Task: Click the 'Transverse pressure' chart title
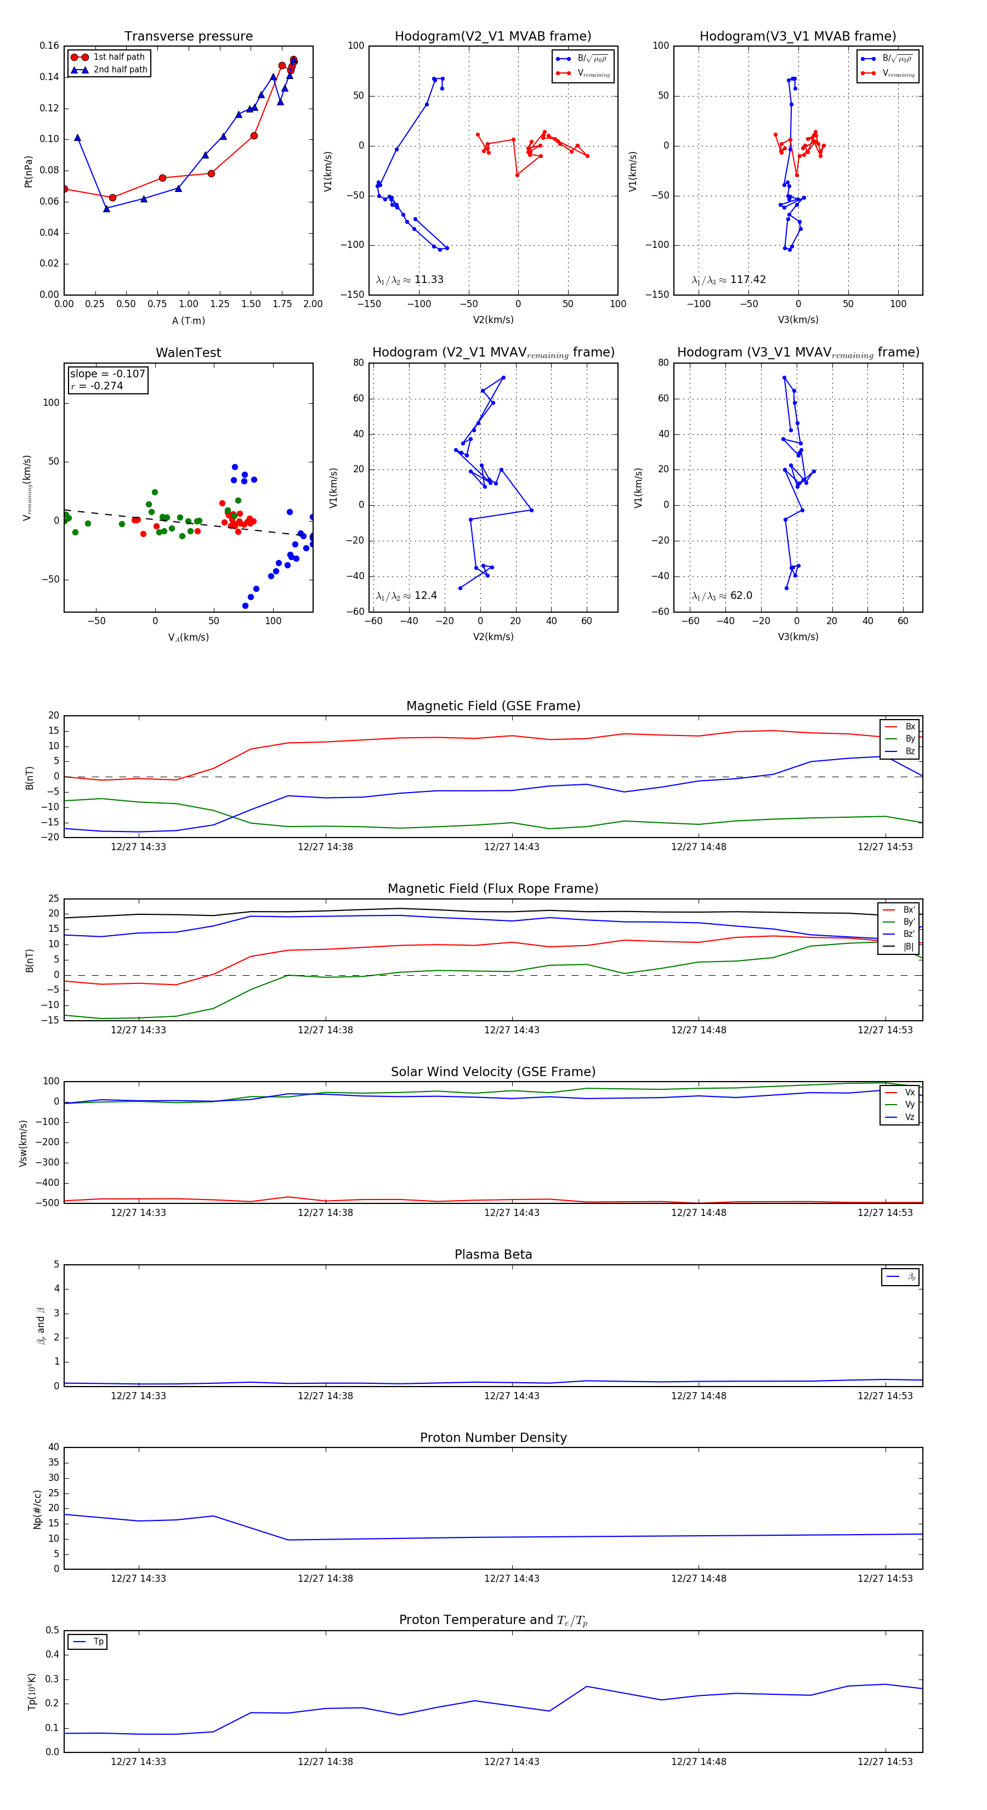188,37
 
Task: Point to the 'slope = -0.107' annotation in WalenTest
107,374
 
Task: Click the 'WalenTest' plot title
188,353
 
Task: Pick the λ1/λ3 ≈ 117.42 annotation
729,280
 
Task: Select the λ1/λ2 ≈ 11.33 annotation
410,280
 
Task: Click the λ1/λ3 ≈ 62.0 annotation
722,596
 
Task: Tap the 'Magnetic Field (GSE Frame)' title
493,706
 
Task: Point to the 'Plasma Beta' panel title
493,1255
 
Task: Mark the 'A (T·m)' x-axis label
188,321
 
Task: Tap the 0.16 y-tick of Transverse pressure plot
49,46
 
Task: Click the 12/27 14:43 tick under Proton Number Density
512,1578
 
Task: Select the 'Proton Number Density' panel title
493,1438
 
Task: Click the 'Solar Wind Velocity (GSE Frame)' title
493,1072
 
